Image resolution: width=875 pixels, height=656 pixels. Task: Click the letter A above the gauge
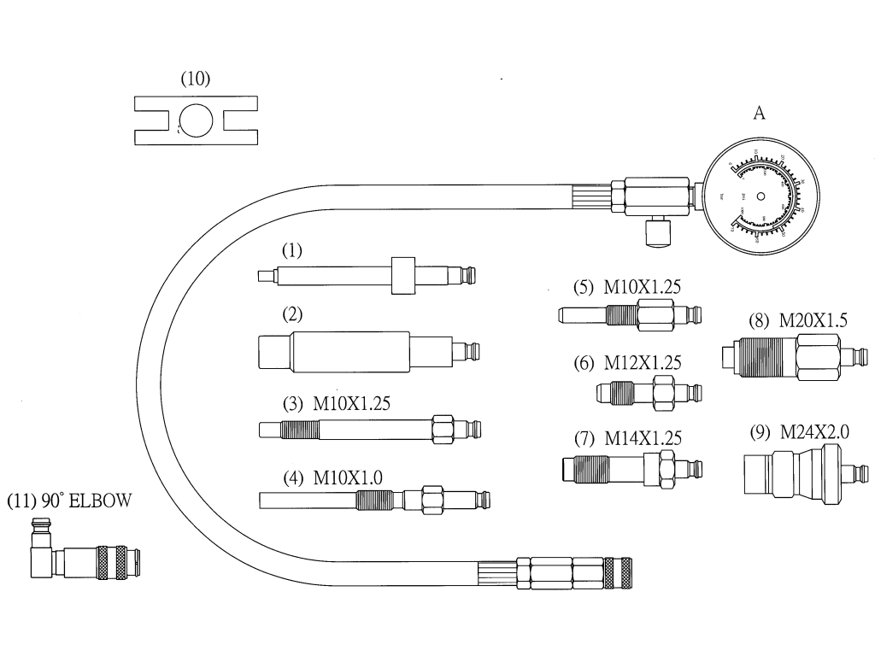click(758, 114)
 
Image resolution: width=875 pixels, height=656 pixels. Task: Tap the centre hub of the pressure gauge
click(761, 196)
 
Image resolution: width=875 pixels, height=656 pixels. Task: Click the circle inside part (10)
click(197, 120)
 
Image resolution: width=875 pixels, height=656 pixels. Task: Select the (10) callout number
click(195, 79)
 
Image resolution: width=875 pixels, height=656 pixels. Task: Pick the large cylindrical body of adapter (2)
click(350, 351)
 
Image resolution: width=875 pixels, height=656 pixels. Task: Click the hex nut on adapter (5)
click(655, 317)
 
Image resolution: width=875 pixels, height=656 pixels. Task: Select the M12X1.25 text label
click(643, 362)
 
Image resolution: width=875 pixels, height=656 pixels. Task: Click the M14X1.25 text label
click(643, 439)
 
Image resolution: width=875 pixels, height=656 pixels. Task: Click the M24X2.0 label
click(812, 432)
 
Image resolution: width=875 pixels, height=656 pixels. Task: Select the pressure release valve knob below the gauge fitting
click(655, 232)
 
